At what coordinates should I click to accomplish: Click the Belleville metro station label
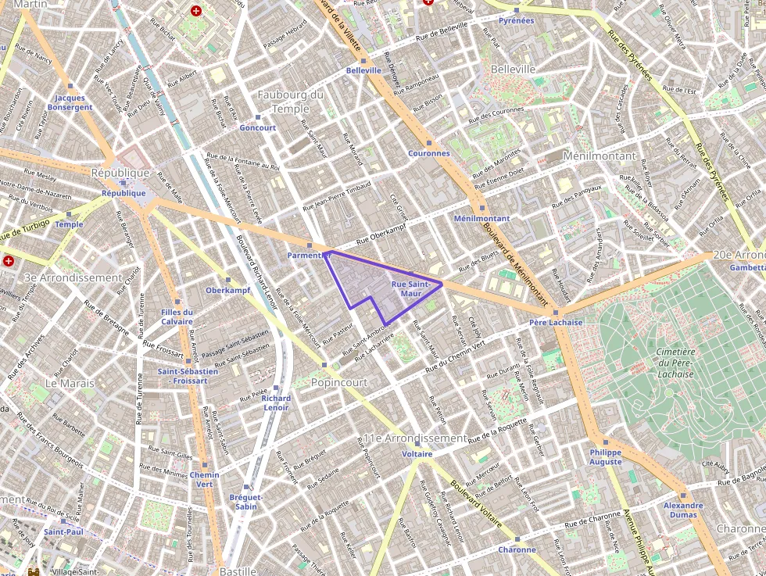(363, 70)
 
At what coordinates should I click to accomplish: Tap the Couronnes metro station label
(428, 153)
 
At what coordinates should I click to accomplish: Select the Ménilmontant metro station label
(481, 219)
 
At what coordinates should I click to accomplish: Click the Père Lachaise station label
(555, 322)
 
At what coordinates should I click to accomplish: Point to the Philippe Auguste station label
(606, 457)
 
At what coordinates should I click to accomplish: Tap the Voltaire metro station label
(417, 454)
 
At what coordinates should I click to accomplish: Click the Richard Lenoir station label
(277, 402)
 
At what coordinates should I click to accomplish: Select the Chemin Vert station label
(205, 479)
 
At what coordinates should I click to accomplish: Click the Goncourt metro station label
(258, 127)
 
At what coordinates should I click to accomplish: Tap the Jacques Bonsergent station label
(70, 102)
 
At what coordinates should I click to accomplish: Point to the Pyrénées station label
(516, 20)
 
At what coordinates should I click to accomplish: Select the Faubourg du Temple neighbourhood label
(290, 102)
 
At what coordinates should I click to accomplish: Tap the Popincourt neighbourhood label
(339, 383)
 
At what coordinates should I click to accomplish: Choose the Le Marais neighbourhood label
(70, 383)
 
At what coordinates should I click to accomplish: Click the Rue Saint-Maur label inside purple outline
(410, 288)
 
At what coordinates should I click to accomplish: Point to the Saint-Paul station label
(64, 531)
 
